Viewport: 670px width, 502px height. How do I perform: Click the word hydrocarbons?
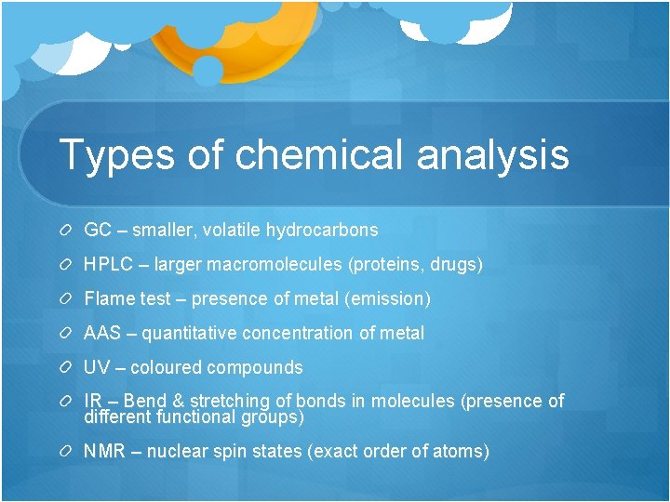(x=322, y=230)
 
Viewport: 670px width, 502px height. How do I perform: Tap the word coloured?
(x=166, y=367)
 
